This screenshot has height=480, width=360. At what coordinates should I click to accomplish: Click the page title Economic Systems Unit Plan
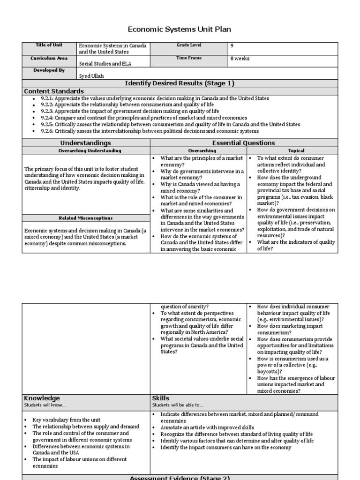(180, 30)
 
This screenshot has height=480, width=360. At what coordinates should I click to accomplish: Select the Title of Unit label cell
(49, 45)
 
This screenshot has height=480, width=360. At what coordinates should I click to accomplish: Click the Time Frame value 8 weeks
(240, 59)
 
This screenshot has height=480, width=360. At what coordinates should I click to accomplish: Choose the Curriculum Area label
(49, 58)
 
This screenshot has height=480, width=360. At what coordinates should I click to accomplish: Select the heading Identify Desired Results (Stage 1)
(180, 83)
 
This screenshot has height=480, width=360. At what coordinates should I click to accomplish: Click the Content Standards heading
(54, 91)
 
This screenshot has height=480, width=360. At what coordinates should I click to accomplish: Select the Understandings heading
(86, 143)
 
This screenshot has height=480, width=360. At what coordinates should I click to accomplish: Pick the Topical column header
(296, 151)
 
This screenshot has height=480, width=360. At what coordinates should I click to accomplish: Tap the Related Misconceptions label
(86, 218)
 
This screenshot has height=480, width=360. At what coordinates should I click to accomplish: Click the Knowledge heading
(42, 398)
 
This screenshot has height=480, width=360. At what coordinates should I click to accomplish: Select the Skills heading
(161, 398)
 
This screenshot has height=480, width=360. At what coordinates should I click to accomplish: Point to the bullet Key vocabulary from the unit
(66, 420)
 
